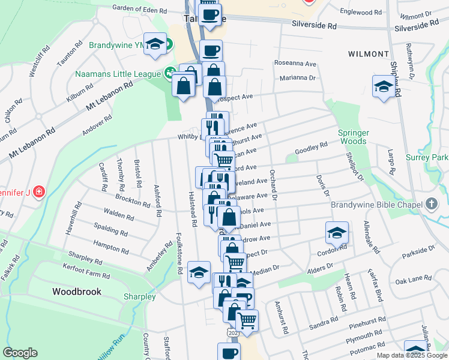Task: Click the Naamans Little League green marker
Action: [x=170, y=74]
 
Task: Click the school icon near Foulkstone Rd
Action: [x=199, y=272]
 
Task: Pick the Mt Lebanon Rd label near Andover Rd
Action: [x=110, y=96]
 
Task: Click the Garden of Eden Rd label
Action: [x=139, y=10]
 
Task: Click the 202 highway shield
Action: [x=232, y=331]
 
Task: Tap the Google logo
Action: [x=20, y=353]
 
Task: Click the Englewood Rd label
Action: [x=361, y=11]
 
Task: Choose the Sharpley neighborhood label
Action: [x=139, y=296]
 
